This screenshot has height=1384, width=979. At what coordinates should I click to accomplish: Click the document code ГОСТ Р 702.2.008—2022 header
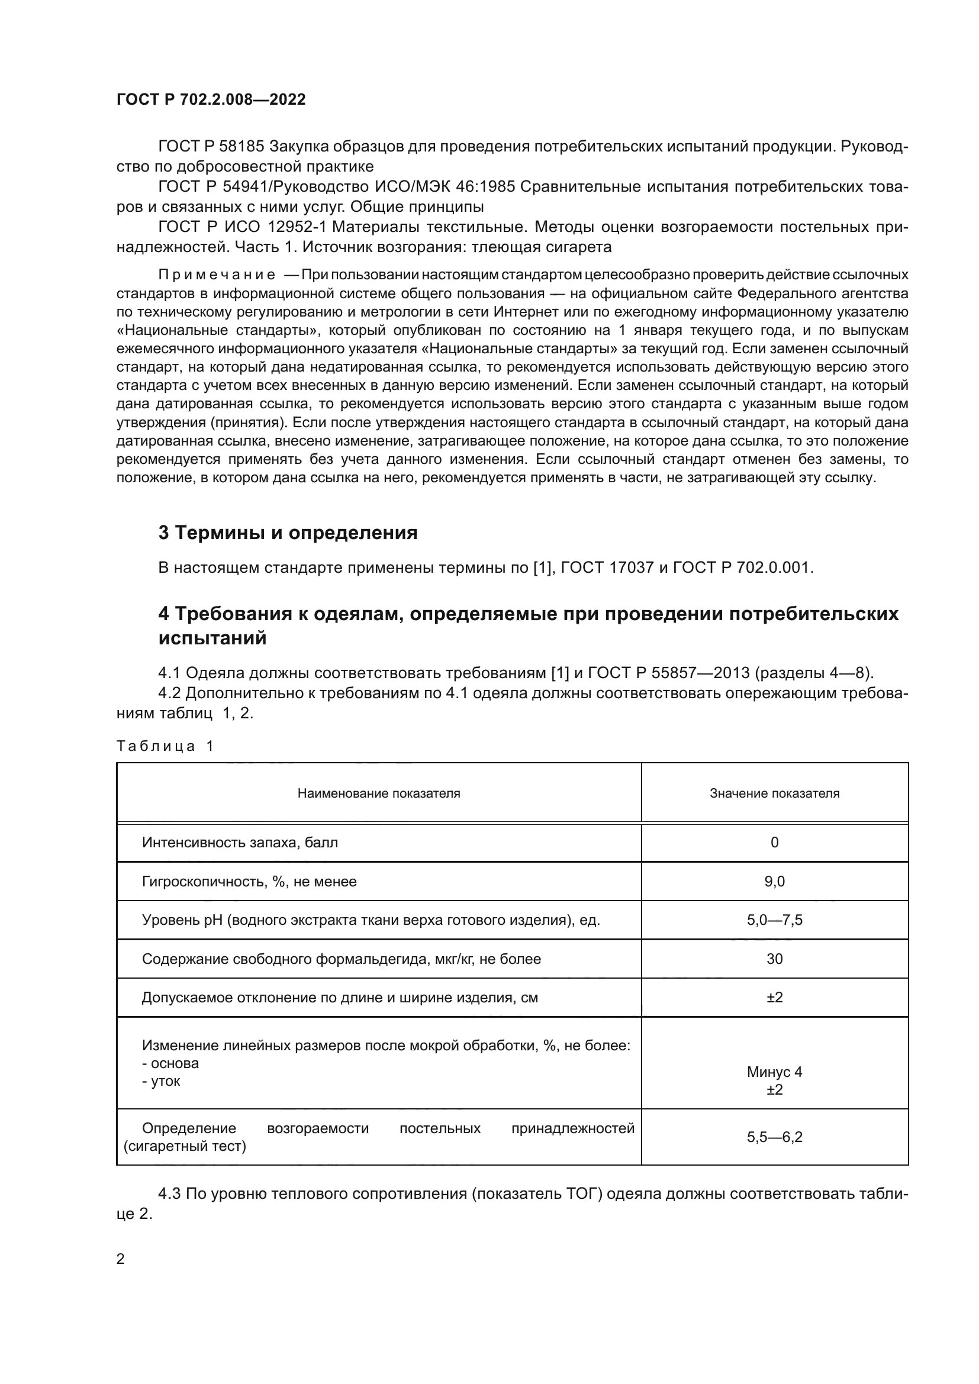(211, 99)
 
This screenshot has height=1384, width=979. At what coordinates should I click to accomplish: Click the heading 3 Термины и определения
(288, 533)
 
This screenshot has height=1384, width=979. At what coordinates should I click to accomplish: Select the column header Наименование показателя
(379, 793)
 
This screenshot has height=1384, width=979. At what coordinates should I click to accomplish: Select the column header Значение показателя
(774, 793)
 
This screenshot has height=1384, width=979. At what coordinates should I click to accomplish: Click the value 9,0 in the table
(774, 882)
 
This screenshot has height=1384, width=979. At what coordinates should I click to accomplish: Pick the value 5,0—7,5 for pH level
(774, 921)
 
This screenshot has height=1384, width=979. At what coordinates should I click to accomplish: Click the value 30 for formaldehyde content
(774, 959)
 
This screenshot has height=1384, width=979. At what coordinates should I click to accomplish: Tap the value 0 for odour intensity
(774, 843)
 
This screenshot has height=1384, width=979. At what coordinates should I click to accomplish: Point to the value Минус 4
(774, 1072)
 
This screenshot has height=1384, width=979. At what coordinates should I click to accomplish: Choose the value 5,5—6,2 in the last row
(774, 1137)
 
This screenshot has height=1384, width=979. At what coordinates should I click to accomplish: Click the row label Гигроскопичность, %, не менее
(249, 882)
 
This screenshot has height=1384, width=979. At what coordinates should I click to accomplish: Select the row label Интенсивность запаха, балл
(240, 843)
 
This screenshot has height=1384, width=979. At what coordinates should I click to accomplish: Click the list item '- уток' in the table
(161, 1081)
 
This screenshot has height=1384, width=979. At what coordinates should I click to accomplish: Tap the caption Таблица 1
(165, 746)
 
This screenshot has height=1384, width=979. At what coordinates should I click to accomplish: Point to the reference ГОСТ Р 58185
(211, 147)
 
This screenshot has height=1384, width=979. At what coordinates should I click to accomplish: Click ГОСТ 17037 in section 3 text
(607, 568)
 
